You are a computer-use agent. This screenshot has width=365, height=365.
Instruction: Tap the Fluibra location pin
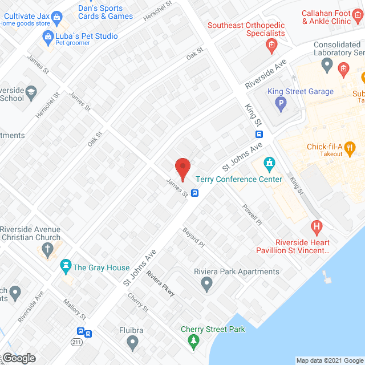pos(133,343)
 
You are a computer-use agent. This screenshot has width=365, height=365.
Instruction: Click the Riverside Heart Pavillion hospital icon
pos(317,228)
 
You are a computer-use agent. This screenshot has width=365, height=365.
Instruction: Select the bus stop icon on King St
pos(259,135)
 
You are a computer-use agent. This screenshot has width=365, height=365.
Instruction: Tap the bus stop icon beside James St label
pos(195,193)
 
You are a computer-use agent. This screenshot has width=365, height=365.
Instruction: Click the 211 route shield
pos(78,342)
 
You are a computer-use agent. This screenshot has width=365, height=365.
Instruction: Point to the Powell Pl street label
pos(250,213)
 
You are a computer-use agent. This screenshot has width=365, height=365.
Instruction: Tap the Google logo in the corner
pos(18,358)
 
